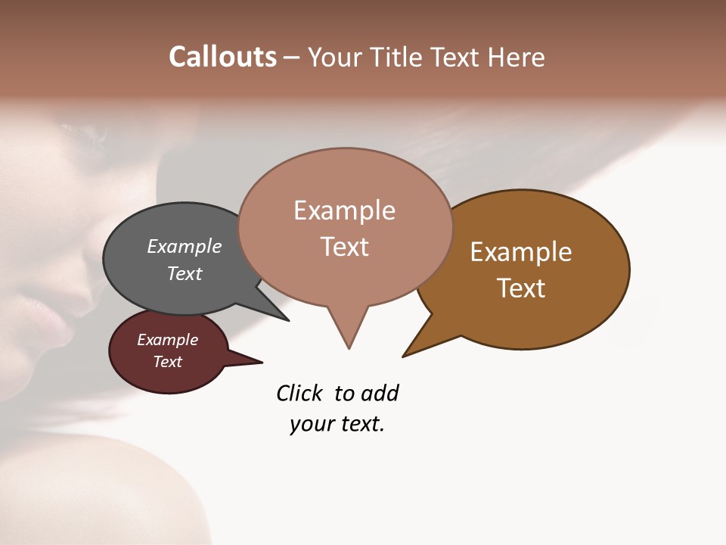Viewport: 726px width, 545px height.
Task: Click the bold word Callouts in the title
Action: click(x=222, y=57)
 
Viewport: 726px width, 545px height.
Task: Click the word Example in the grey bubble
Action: click(x=185, y=246)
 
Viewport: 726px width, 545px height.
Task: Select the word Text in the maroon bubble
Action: click(x=168, y=362)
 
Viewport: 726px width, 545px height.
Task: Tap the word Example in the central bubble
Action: click(x=344, y=210)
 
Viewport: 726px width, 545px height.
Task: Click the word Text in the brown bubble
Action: click(x=521, y=288)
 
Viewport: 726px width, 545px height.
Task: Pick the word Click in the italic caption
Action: click(x=299, y=393)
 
